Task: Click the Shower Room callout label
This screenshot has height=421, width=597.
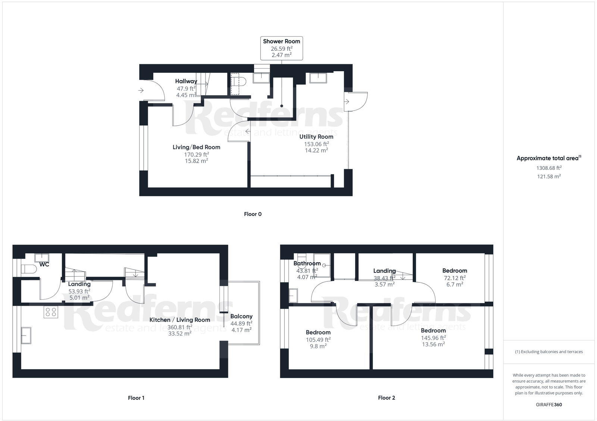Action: coord(281,41)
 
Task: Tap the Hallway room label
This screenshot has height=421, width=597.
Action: coord(186,81)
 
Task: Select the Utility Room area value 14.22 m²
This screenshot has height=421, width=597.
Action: coord(316,150)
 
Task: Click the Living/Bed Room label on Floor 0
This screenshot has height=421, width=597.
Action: coord(196,147)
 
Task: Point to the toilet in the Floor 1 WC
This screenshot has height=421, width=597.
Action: coord(28,269)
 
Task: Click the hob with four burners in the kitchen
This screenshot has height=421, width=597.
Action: coord(51,312)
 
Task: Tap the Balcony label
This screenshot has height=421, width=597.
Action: coord(241,316)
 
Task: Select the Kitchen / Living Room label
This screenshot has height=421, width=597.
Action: coord(179,320)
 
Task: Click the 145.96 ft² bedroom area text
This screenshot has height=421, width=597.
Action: coord(433,338)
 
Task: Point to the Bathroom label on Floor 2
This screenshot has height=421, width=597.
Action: coord(307,263)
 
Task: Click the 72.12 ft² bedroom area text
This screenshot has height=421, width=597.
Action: coord(454,278)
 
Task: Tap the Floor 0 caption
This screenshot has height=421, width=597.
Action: coord(253,214)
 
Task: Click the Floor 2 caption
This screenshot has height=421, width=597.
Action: coord(386,398)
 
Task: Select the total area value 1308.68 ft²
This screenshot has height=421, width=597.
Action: coord(548,168)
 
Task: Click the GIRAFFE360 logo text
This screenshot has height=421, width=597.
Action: coord(548,405)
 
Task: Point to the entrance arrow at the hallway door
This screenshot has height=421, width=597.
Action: coord(141,90)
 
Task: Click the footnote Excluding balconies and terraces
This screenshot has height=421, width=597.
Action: coord(548,352)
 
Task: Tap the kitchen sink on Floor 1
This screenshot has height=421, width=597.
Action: coord(26,335)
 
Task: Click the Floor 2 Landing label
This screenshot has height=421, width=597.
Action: coord(384,271)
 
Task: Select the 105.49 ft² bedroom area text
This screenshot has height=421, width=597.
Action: coord(318,340)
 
